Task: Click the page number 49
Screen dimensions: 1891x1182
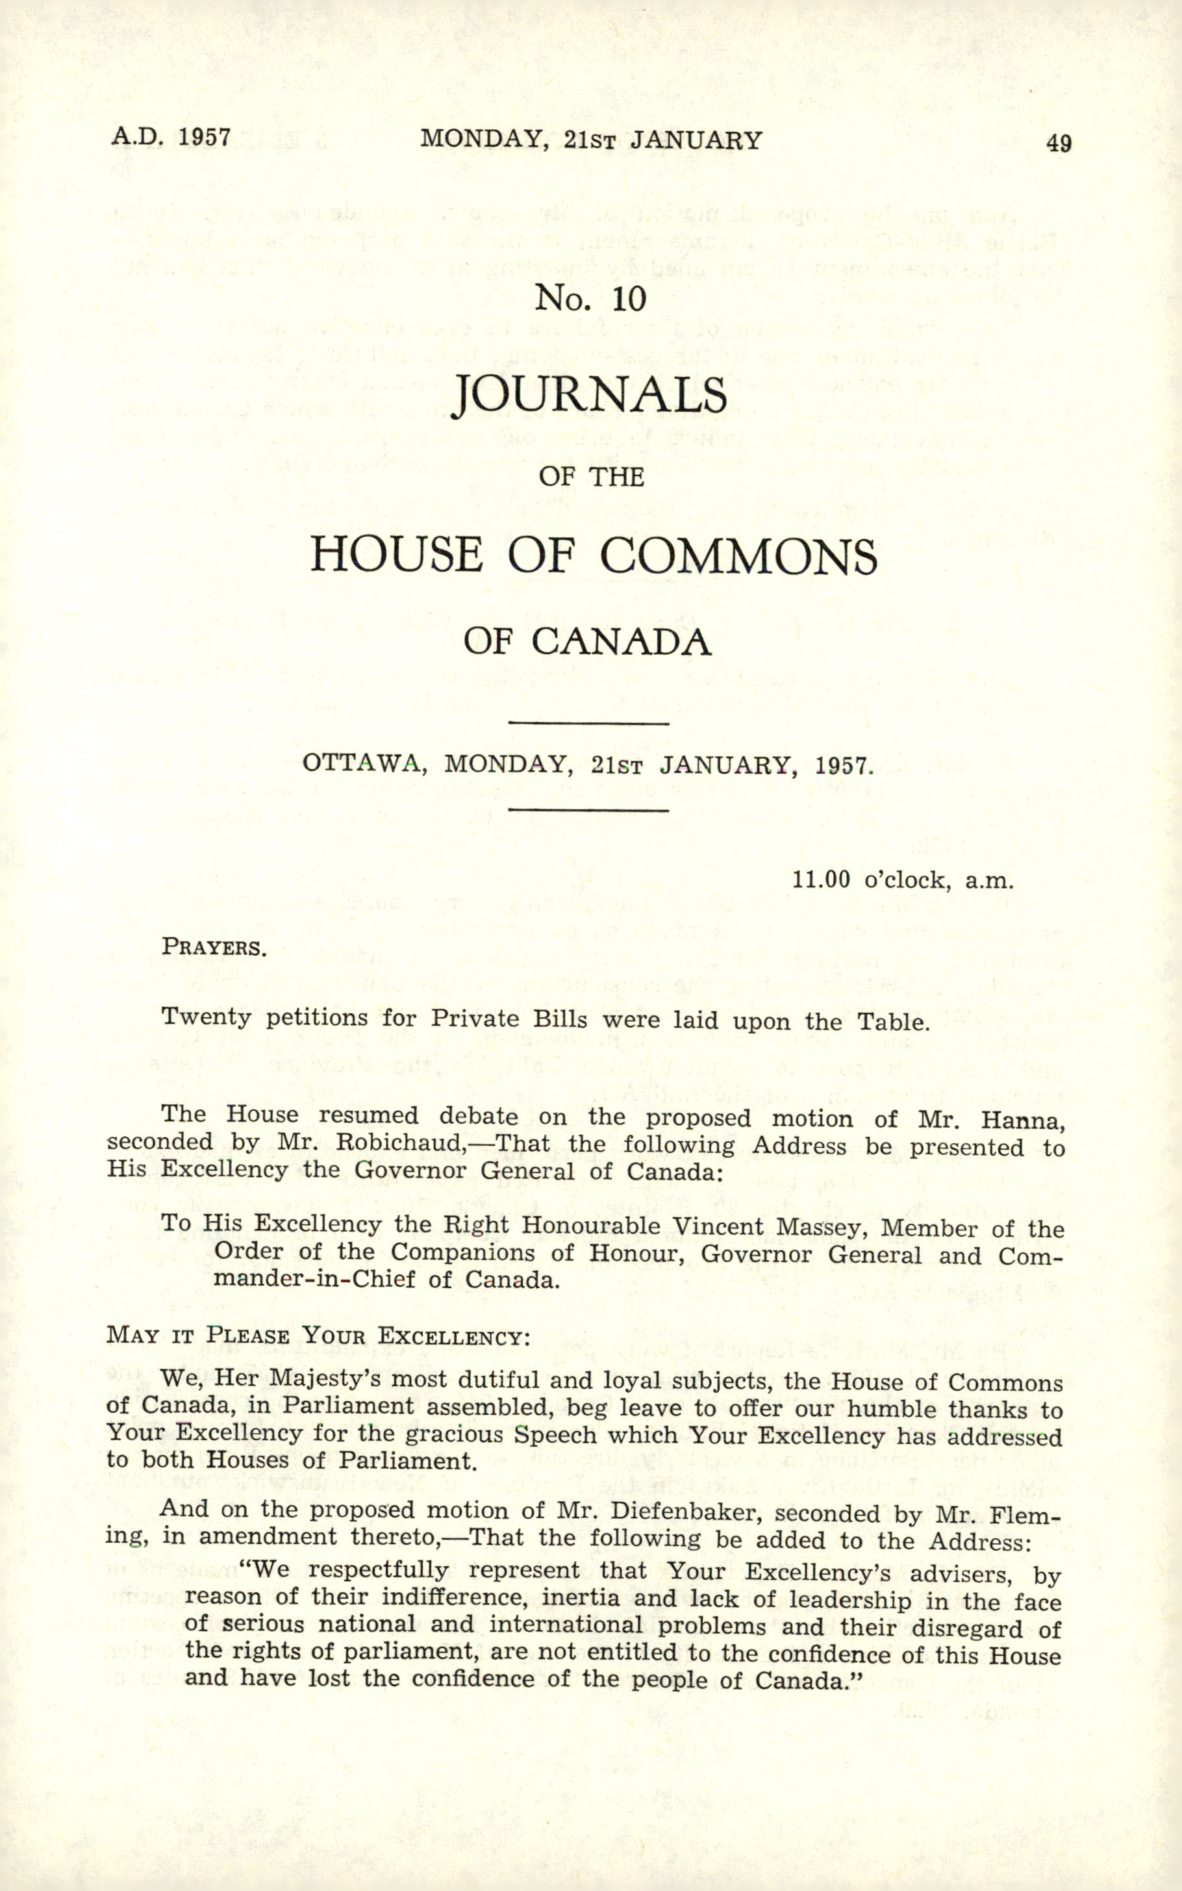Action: click(1059, 143)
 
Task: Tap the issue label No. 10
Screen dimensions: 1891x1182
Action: click(590, 299)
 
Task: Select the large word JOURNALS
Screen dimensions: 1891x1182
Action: click(590, 396)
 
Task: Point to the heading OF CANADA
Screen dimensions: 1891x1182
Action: click(587, 642)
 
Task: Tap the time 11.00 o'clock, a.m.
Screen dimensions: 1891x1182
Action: click(902, 880)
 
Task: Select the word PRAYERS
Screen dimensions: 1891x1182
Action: click(214, 948)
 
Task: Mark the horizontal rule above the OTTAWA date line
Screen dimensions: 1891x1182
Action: click(588, 723)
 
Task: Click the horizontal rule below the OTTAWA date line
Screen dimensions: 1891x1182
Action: click(588, 810)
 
